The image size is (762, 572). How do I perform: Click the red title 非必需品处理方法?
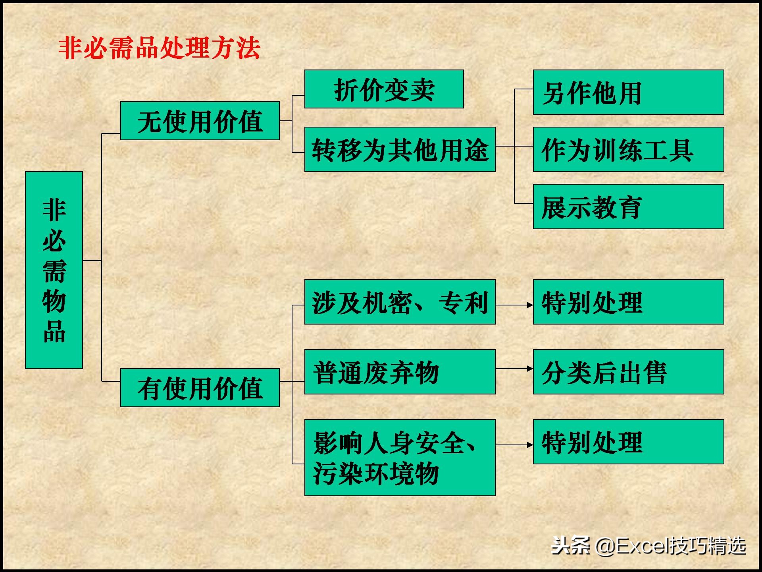tap(159, 48)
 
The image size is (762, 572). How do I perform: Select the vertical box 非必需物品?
tap(54, 270)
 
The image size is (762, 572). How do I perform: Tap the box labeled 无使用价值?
tap(200, 121)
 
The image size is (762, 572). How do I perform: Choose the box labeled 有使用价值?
tap(200, 388)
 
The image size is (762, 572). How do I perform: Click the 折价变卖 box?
tap(384, 89)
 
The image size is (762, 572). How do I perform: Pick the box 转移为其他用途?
tap(400, 149)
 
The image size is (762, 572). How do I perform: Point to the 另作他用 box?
tap(628, 92)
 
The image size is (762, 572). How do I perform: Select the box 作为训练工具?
tap(628, 149)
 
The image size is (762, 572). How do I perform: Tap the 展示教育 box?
tap(628, 207)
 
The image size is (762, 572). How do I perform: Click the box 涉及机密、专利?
tap(400, 302)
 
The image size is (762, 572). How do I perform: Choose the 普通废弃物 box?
tap(400, 372)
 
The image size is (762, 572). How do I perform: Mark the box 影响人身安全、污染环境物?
tap(400, 458)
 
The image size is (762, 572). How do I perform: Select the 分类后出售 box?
tap(628, 372)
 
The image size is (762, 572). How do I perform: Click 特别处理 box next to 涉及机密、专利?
tap(628, 302)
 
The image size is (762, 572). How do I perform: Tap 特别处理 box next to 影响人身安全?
tap(628, 442)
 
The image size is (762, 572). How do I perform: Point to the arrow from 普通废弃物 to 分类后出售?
tap(514, 369)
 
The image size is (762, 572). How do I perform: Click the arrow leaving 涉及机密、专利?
tap(514, 305)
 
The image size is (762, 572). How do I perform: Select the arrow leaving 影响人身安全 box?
tap(514, 445)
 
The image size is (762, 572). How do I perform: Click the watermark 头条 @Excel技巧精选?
tap(648, 546)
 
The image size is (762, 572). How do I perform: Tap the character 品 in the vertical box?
tap(54, 331)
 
